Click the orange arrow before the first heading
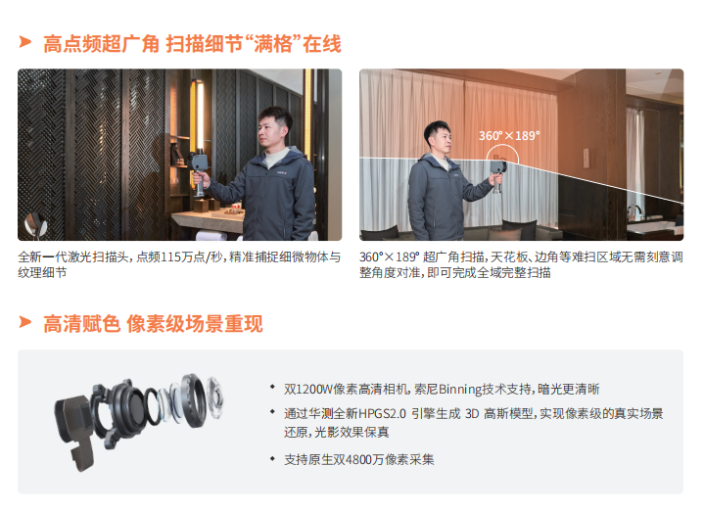(25, 42)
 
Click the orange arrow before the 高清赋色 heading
(25, 322)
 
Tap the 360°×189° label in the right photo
(509, 135)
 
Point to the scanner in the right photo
(497, 173)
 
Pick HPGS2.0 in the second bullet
(382, 413)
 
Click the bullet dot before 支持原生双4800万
(272, 458)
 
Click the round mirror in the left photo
(36, 224)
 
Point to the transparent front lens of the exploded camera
(215, 397)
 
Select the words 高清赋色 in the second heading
(81, 324)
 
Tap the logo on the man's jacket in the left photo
(282, 172)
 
